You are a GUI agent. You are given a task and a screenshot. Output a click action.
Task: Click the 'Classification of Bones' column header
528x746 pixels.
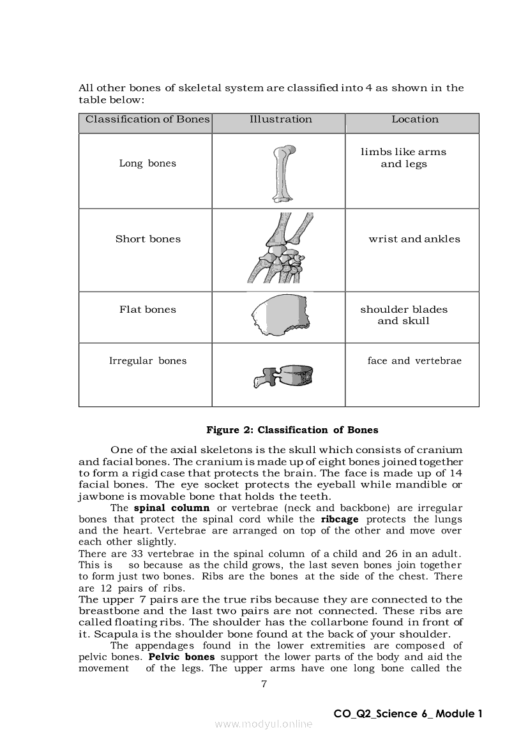[147, 119]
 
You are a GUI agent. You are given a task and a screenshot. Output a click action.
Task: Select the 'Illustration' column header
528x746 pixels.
[280, 119]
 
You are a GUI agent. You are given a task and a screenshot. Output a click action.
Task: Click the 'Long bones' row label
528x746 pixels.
[147, 163]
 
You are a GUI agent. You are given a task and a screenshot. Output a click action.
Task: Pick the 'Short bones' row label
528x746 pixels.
[147, 239]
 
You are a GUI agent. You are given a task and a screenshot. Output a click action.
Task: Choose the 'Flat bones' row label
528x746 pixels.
[147, 310]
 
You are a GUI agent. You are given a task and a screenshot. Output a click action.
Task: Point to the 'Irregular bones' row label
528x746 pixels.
[147, 361]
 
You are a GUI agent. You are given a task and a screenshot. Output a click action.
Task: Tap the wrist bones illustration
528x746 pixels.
[280, 249]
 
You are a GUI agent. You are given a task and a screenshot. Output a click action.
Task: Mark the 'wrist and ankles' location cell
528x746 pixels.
[414, 239]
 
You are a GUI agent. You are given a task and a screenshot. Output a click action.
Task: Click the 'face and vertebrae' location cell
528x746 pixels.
[414, 361]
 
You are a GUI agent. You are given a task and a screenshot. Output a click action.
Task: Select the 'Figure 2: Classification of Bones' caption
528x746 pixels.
[292, 430]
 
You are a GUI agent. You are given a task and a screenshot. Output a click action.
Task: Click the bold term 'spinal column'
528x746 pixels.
[171, 508]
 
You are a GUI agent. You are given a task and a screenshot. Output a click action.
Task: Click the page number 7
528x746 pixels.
[264, 684]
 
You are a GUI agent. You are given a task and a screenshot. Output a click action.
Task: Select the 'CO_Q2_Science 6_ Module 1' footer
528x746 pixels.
[407, 714]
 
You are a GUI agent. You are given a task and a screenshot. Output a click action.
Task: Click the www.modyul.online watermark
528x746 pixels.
[264, 724]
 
